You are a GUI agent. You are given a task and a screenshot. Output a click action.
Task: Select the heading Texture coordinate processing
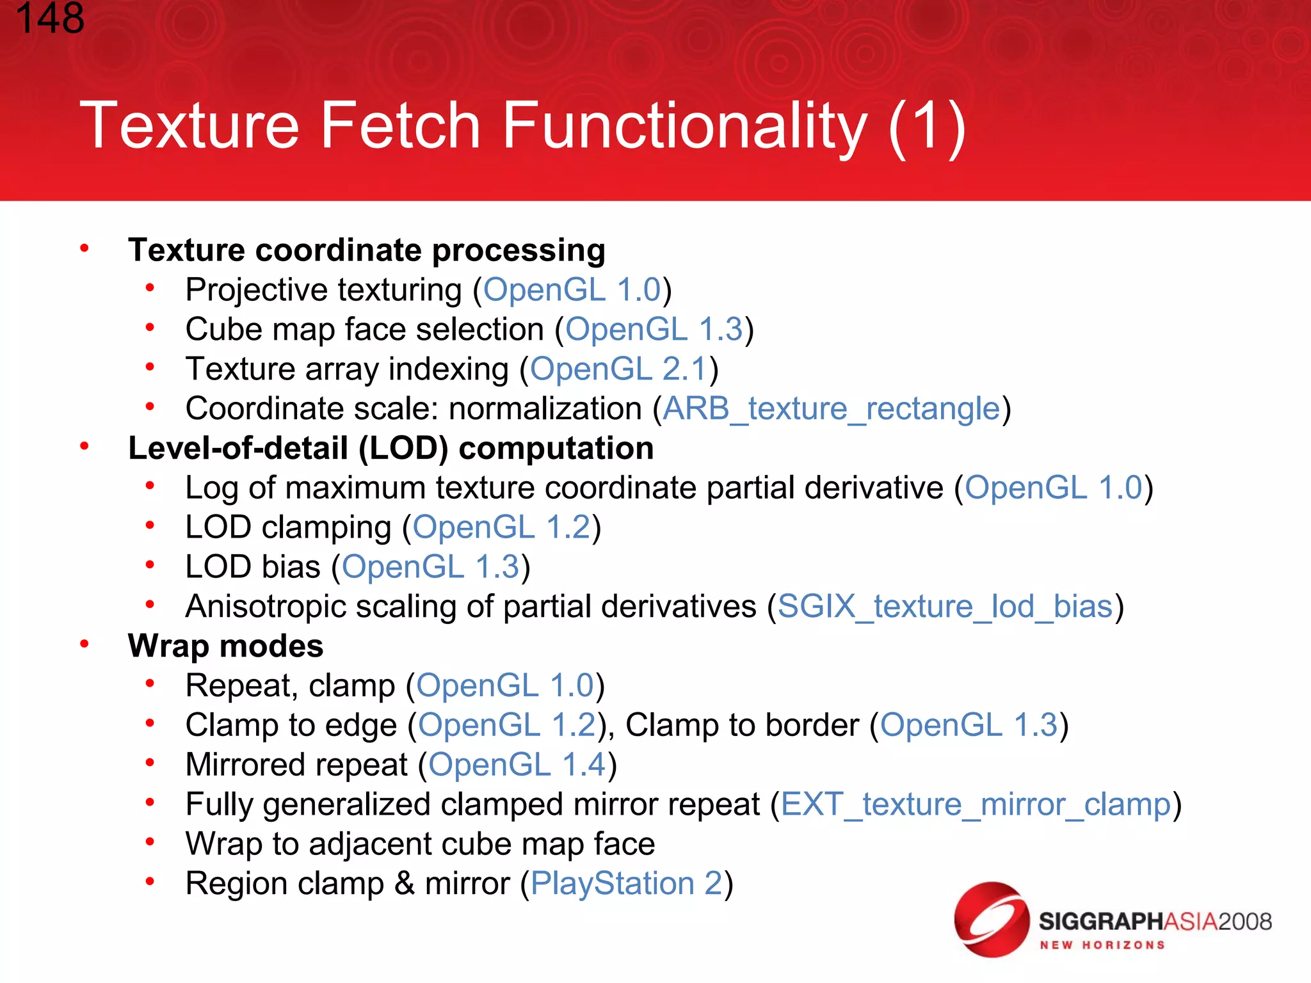click(366, 250)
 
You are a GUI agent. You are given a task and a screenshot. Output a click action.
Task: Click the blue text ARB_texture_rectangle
click(831, 408)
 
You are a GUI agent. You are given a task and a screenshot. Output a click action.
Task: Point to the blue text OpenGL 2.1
click(618, 369)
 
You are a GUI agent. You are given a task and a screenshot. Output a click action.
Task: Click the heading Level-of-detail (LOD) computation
click(390, 448)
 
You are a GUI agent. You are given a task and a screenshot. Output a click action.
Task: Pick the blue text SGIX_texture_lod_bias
click(945, 606)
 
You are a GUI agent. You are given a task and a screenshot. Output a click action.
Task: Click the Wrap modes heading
click(225, 646)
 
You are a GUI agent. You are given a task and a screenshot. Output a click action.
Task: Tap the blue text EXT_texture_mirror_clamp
click(976, 804)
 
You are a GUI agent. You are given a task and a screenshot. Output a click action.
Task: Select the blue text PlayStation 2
click(626, 884)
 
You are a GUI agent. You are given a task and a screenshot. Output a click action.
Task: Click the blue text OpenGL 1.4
click(517, 765)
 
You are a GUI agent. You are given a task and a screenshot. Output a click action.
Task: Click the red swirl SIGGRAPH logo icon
click(991, 920)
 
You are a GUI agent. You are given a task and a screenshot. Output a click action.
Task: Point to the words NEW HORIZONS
click(1102, 945)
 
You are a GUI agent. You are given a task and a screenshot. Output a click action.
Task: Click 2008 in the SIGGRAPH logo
click(1244, 922)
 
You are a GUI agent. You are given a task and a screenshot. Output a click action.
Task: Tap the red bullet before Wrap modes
click(84, 644)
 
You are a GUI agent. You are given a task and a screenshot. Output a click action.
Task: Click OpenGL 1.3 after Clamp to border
click(969, 725)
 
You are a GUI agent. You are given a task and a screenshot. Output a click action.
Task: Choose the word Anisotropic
click(266, 607)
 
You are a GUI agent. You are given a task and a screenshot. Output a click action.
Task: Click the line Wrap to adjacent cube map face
click(420, 844)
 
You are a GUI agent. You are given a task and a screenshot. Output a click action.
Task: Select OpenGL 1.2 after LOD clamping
click(501, 527)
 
